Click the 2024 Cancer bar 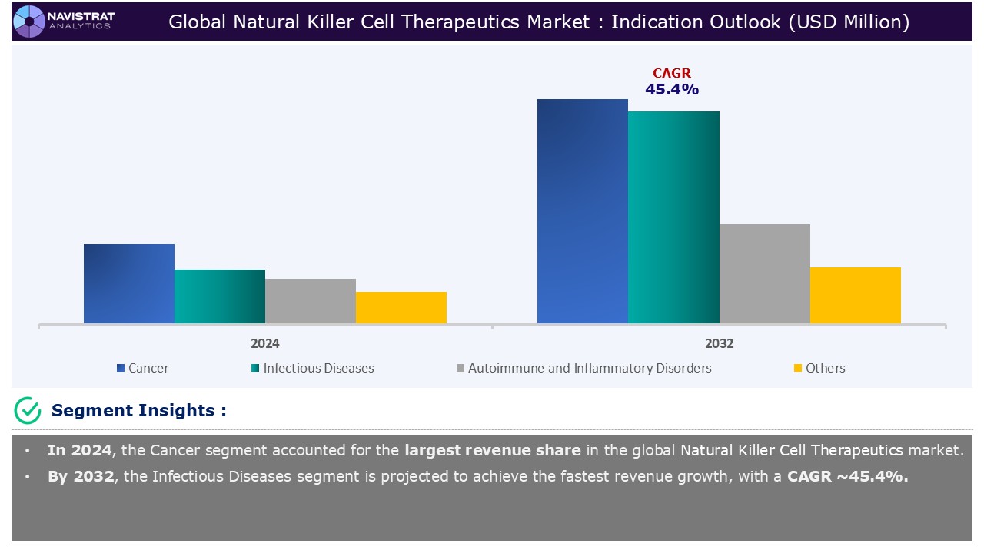(x=129, y=283)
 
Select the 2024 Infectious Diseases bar (x=220, y=296)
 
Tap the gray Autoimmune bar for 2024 (x=311, y=300)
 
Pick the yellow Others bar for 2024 (x=401, y=307)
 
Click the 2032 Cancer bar (x=583, y=211)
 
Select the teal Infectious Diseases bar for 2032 (x=673, y=217)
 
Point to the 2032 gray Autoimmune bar (x=764, y=273)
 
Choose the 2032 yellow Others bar (x=855, y=295)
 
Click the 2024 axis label (x=265, y=343)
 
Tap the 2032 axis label (x=719, y=343)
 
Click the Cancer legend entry (x=143, y=368)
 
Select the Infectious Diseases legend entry (x=312, y=368)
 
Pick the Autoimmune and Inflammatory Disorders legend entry (x=584, y=368)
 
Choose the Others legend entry (x=819, y=368)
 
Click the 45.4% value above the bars (x=672, y=89)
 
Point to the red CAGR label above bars (x=672, y=73)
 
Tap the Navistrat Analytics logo (x=63, y=21)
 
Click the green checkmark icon (x=28, y=410)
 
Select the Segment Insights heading (x=138, y=410)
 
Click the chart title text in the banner (x=539, y=22)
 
